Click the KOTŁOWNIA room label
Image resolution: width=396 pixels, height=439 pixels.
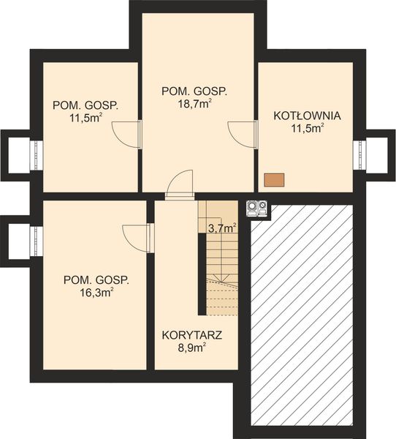pyautogui.click(x=308, y=116)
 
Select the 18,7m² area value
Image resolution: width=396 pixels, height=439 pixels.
pyautogui.click(x=194, y=105)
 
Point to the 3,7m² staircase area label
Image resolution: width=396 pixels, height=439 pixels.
pyautogui.click(x=221, y=228)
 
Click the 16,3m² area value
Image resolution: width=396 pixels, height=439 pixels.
pyautogui.click(x=96, y=293)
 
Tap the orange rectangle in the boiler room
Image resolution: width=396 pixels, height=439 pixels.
pyautogui.click(x=274, y=179)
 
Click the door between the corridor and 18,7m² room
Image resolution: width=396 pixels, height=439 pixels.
pyautogui.click(x=179, y=185)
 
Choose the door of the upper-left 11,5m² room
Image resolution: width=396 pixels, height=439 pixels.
pyautogui.click(x=126, y=135)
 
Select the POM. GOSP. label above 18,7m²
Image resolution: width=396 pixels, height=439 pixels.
pyautogui.click(x=194, y=91)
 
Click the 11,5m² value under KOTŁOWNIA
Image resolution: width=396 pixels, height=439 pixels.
pyautogui.click(x=308, y=130)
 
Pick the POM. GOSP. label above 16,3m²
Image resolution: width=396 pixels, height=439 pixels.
pyautogui.click(x=96, y=279)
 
